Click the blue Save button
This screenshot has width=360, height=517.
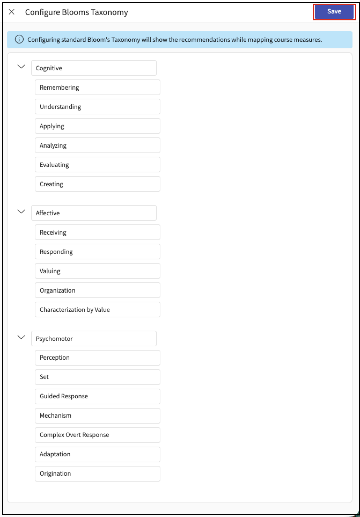[x=334, y=12]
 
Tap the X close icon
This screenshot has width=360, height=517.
[x=12, y=12]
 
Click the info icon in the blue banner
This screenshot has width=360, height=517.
[x=19, y=39]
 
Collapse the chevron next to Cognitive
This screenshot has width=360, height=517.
[x=21, y=67]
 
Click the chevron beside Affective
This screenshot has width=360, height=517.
[x=21, y=212]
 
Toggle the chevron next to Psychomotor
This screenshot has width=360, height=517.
[x=21, y=337]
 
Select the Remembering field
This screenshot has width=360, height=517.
[x=97, y=87]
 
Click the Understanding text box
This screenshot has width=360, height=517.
[x=97, y=107]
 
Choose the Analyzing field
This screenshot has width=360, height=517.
[x=97, y=145]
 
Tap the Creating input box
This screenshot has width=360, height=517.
[x=97, y=184]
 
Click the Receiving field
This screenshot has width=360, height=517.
[x=97, y=232]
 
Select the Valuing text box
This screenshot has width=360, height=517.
[x=97, y=271]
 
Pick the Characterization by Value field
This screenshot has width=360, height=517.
[x=97, y=310]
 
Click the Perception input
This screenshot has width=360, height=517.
[x=97, y=358]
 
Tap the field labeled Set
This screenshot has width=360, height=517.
[x=97, y=377]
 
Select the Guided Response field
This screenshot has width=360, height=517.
[x=97, y=396]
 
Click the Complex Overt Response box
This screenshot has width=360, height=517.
[x=97, y=435]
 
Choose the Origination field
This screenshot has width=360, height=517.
[x=97, y=474]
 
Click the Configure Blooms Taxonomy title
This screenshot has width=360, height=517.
[x=76, y=12]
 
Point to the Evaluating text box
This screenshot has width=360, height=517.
[x=97, y=165]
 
